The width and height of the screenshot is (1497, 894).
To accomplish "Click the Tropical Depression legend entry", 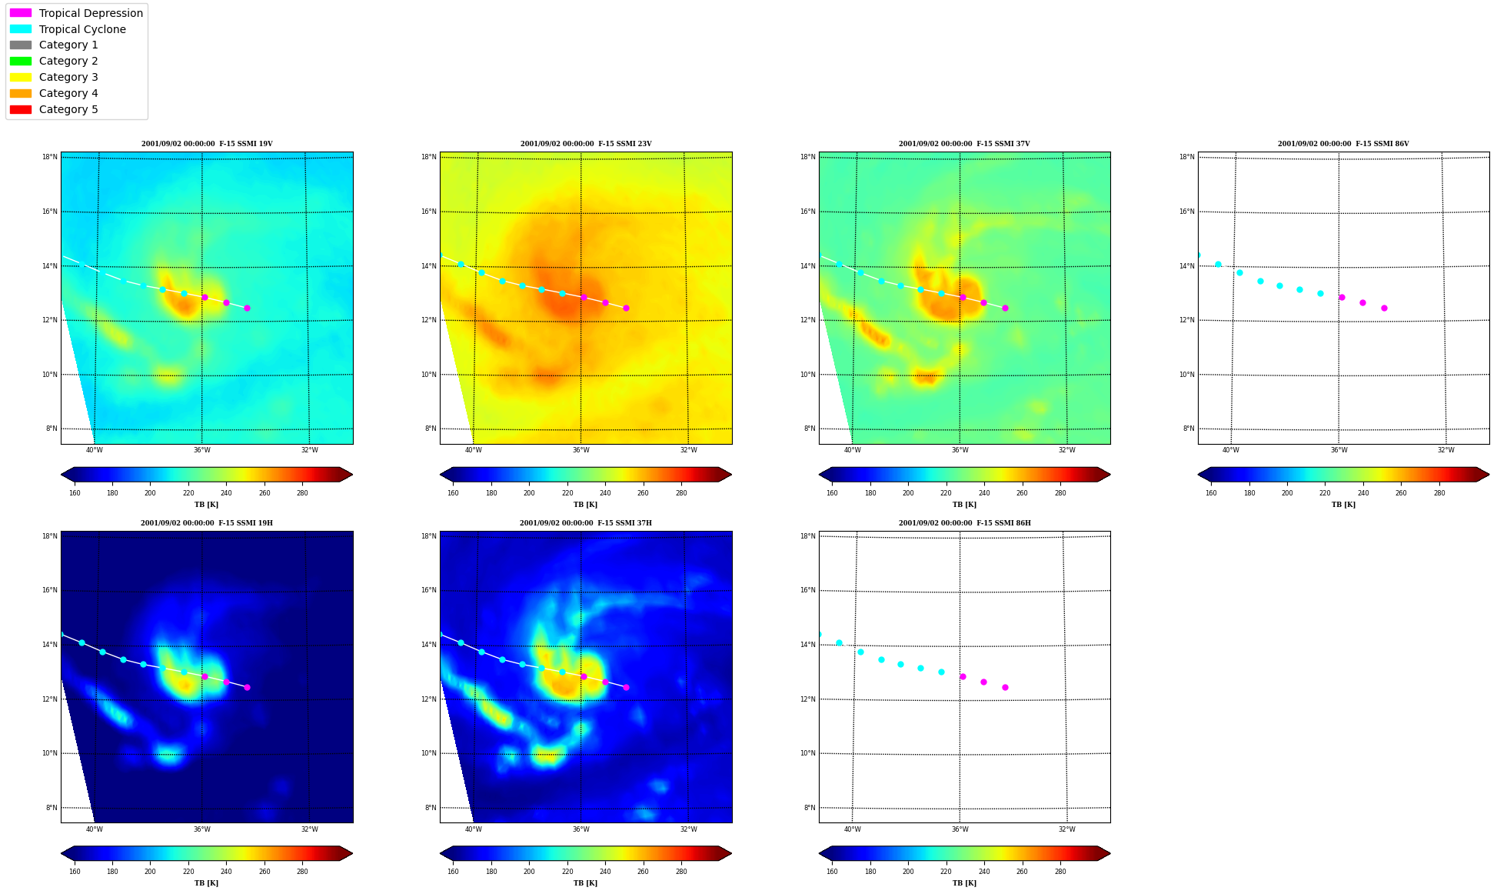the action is click(76, 13).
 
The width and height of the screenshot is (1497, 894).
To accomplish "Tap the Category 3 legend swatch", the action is click(21, 77).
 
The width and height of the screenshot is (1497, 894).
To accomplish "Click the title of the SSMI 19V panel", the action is click(207, 144).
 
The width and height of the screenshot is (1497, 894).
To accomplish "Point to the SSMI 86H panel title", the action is click(965, 523).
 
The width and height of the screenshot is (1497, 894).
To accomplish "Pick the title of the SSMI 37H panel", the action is click(586, 523).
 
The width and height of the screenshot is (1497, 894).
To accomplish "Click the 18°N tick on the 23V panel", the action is click(429, 157).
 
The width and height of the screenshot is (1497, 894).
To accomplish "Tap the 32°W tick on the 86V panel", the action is click(1446, 450).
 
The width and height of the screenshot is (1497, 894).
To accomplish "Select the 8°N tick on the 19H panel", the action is click(52, 808).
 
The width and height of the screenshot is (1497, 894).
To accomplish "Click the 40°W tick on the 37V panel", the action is click(853, 450).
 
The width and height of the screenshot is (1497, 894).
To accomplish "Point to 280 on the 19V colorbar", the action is click(302, 493).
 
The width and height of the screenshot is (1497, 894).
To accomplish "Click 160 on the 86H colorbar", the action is click(832, 872).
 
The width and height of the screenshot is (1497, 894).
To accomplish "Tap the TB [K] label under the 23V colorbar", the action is click(585, 505).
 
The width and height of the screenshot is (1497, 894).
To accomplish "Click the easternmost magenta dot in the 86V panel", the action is click(1384, 308).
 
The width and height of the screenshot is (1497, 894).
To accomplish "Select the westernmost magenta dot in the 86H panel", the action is click(963, 676).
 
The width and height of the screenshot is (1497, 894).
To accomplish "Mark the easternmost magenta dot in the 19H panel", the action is click(247, 687).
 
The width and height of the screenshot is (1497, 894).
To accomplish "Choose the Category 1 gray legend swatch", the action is click(21, 45).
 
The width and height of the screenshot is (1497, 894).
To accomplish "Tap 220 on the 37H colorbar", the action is click(567, 872).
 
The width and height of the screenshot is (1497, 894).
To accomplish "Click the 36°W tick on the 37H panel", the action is click(581, 829).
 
